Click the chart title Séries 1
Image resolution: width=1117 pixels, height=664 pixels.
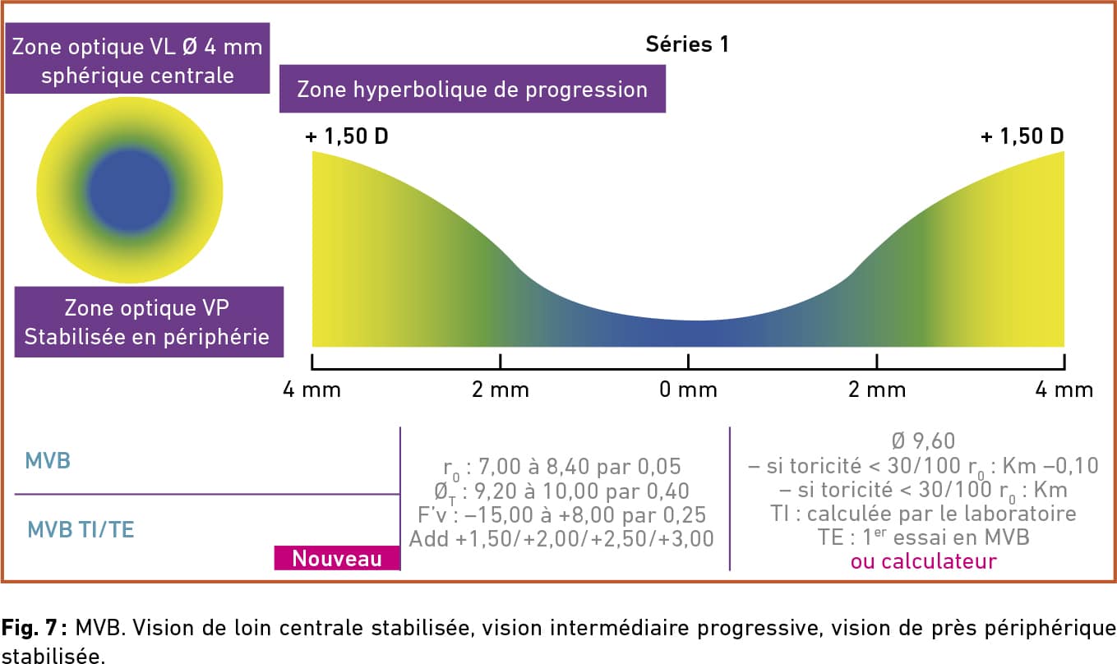click(x=686, y=44)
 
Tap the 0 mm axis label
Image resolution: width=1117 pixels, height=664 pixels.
click(x=688, y=390)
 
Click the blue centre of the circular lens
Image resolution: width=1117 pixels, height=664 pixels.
click(x=130, y=191)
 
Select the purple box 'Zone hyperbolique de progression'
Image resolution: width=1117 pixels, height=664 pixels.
click(x=473, y=89)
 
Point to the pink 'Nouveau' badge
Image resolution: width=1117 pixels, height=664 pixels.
click(x=337, y=558)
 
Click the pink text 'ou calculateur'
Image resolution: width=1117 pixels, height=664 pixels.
click(x=924, y=561)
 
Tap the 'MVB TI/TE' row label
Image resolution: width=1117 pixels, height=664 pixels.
click(x=81, y=529)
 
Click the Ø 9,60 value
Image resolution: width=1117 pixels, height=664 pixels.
click(x=923, y=440)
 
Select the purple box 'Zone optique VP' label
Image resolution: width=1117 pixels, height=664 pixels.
click(x=149, y=321)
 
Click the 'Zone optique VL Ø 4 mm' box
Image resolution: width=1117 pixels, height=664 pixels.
click(x=137, y=58)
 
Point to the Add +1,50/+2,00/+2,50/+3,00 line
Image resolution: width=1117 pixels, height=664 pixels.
click(x=561, y=539)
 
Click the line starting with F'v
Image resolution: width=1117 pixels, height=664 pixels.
click(x=561, y=515)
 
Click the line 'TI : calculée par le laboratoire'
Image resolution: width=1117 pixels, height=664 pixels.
click(x=924, y=514)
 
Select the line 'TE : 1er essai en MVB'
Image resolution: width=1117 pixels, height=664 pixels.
click(x=924, y=537)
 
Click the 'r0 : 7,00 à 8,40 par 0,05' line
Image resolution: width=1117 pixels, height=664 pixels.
click(x=561, y=468)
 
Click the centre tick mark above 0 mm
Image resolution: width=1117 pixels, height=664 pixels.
click(x=688, y=362)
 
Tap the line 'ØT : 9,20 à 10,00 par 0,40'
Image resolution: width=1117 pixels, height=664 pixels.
click(x=561, y=492)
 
